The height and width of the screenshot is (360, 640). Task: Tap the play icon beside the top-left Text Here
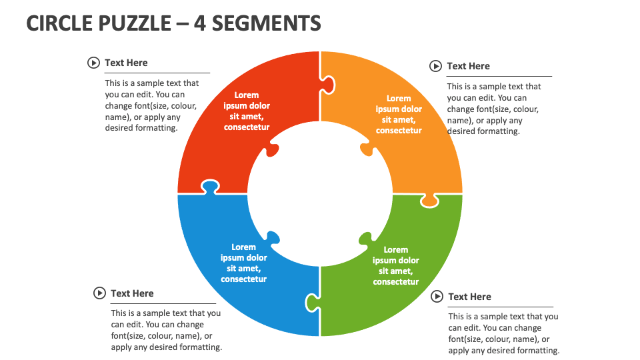pyautogui.click(x=93, y=63)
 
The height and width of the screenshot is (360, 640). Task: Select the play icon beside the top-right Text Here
pyautogui.click(x=435, y=66)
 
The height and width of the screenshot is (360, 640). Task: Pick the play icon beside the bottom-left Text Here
pyautogui.click(x=99, y=293)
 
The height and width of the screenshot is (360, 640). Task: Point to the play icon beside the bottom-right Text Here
pyautogui.click(x=437, y=297)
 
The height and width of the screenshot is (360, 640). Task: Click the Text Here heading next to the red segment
pyautogui.click(x=126, y=63)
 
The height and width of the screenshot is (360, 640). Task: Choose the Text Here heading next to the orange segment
pyautogui.click(x=468, y=66)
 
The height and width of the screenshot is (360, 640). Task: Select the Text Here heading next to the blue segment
pyautogui.click(x=132, y=293)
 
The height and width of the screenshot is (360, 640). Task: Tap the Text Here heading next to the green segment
pyautogui.click(x=469, y=297)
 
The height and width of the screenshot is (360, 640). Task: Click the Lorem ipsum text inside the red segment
pyautogui.click(x=247, y=111)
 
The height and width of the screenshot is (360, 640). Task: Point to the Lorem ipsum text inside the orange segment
pyautogui.click(x=399, y=114)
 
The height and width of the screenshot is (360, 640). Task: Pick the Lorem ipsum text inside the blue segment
pyautogui.click(x=244, y=263)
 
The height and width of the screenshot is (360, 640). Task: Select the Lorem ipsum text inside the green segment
pyautogui.click(x=396, y=265)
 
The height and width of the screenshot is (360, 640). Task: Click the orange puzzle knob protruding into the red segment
pyautogui.click(x=327, y=84)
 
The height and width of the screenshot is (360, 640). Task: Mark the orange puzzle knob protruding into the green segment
pyautogui.click(x=431, y=200)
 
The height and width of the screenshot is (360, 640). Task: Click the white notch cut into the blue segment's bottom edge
pyautogui.click(x=312, y=303)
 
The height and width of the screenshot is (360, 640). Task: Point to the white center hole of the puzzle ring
pyautogui.click(x=320, y=193)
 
